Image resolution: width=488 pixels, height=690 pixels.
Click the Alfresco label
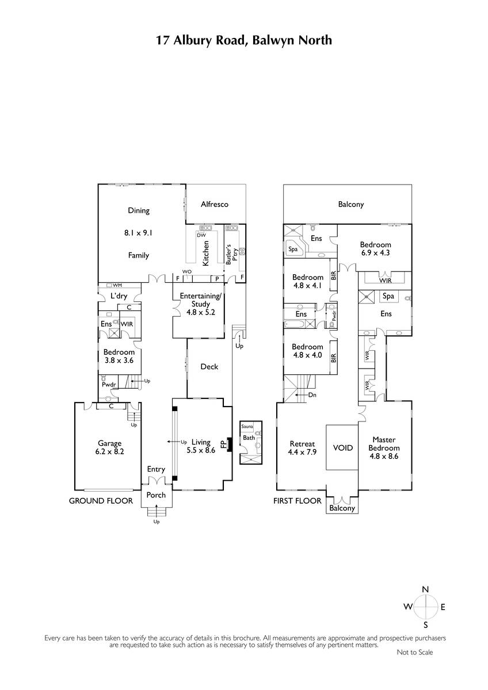pyautogui.click(x=214, y=204)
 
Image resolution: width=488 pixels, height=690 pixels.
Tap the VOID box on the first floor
pyautogui.click(x=342, y=447)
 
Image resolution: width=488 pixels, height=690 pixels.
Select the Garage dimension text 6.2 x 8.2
pyautogui.click(x=109, y=451)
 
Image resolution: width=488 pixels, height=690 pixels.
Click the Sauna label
pyautogui.click(x=247, y=427)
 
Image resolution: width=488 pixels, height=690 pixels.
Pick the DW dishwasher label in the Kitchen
pyautogui.click(x=201, y=235)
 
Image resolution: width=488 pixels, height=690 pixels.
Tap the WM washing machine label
pyautogui.click(x=117, y=285)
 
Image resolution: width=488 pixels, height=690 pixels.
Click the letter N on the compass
pyautogui.click(x=425, y=589)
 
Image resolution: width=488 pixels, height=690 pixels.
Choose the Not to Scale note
pyautogui.click(x=415, y=652)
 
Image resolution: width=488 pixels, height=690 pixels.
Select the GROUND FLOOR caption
pyautogui.click(x=101, y=501)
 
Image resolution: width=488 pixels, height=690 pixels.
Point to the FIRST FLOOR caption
pyautogui.click(x=297, y=501)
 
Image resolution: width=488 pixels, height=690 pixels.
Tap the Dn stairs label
pyautogui.click(x=312, y=395)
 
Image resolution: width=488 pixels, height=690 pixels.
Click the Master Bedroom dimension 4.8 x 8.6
pyautogui.click(x=384, y=456)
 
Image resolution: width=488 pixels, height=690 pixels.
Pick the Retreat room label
pyautogui.click(x=302, y=444)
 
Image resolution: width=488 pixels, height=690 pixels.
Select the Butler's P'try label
pyautogui.click(x=231, y=254)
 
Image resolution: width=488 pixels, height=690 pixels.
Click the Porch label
pyautogui.click(x=156, y=495)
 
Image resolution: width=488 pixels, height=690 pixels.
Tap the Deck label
pyautogui.click(x=209, y=367)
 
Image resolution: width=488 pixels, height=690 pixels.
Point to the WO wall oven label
pyautogui.click(x=187, y=271)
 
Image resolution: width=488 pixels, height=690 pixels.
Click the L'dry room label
pyautogui.click(x=119, y=296)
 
